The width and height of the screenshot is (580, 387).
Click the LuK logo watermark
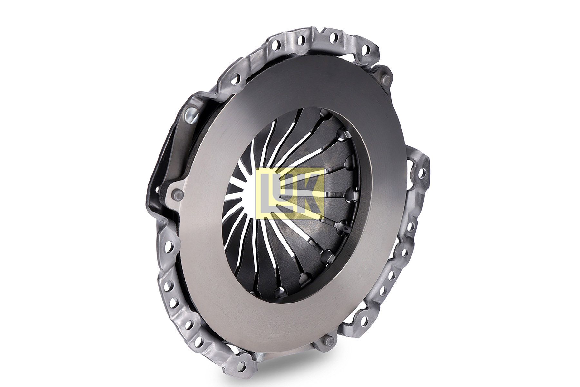coord(289,194)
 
